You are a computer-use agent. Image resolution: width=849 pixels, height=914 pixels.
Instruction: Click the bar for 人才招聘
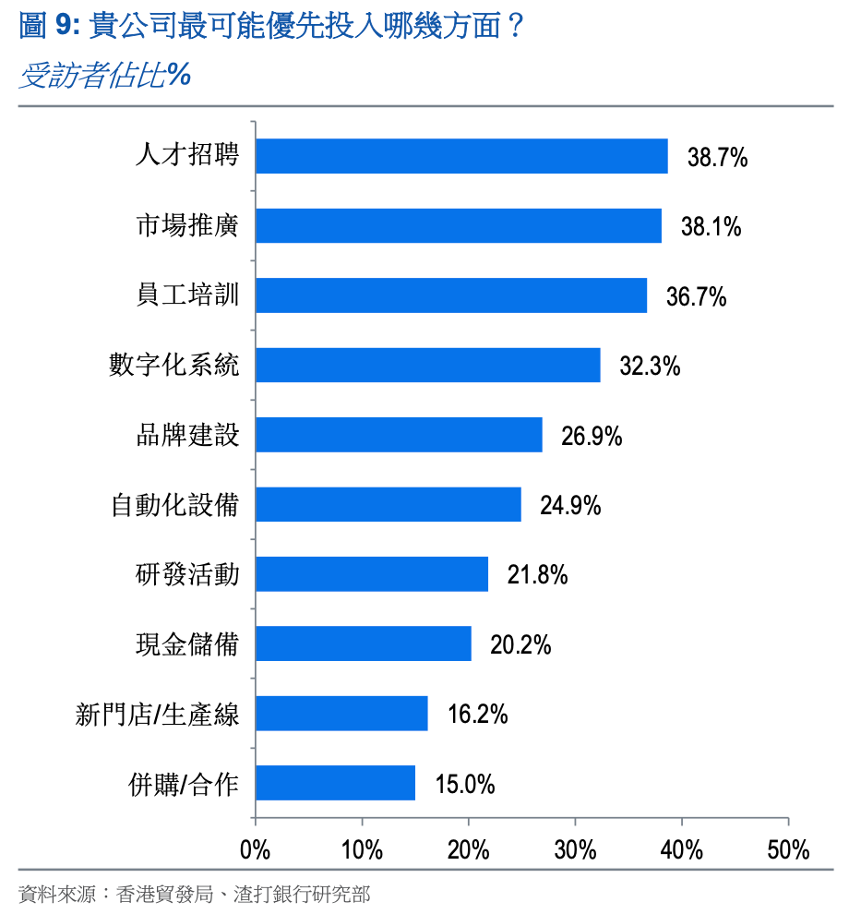pos(461,156)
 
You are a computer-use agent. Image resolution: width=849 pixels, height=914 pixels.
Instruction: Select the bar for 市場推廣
pos(459,226)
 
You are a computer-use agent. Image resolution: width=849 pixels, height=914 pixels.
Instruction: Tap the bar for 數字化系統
pos(428,366)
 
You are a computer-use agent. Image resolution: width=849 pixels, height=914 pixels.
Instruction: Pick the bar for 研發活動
pos(372,574)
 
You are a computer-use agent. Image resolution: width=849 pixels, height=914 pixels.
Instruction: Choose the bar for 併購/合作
pos(335,783)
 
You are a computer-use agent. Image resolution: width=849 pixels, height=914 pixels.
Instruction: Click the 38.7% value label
pos(717,157)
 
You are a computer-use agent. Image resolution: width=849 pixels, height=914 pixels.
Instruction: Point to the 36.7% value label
pos(697,296)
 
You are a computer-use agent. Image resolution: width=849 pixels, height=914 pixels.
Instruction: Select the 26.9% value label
pos(592,436)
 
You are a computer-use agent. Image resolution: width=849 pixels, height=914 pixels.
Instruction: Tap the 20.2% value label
pos(520,644)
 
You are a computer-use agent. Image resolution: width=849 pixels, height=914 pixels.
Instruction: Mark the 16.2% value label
pos(477,715)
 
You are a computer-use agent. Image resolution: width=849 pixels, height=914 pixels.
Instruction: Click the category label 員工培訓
pos(187,295)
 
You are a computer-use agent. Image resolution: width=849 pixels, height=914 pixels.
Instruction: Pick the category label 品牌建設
pos(187,435)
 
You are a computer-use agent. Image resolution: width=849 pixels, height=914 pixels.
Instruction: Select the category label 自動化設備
pos(174,505)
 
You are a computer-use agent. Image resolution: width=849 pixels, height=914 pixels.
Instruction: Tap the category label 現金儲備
pos(187,644)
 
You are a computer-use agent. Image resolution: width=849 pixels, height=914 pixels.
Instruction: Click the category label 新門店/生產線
pos(157,715)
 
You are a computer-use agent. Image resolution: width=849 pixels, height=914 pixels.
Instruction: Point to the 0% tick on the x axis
pos(255,850)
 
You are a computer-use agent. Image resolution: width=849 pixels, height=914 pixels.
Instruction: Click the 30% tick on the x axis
pos(575,850)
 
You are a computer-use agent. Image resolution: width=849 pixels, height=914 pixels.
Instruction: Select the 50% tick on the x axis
pos(788,850)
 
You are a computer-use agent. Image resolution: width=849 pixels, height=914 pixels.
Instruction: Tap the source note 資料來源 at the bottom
pos(194,894)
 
